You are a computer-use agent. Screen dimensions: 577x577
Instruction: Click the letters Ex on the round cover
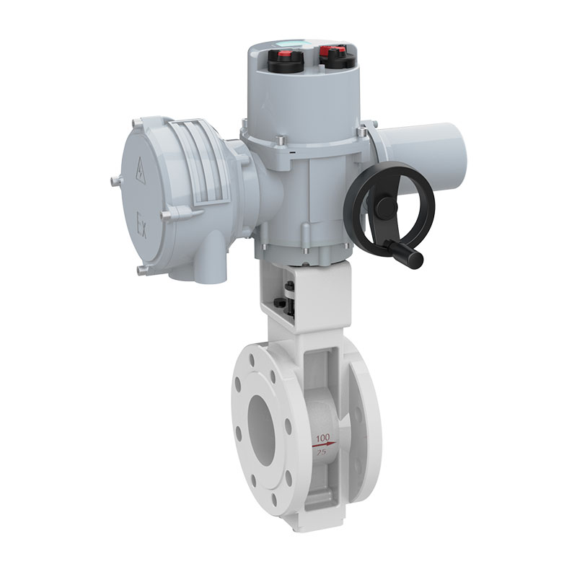(141, 225)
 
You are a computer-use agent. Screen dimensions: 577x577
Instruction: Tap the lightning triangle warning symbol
(141, 171)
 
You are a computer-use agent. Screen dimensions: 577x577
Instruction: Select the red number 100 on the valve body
(322, 438)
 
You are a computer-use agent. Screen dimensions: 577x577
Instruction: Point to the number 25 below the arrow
(321, 452)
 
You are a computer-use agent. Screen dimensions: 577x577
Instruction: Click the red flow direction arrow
(324, 444)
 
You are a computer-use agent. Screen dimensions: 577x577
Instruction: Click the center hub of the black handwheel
(387, 204)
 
